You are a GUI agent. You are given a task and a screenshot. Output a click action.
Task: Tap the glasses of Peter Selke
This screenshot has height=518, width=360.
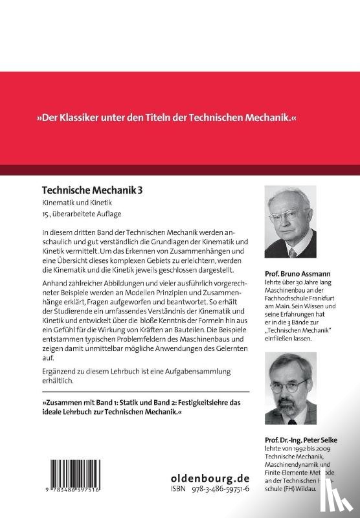pyautogui.click(x=289, y=383)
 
